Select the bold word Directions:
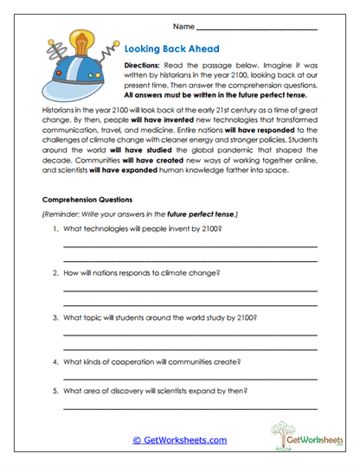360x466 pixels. [x=146, y=67]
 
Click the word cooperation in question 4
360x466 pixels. [x=141, y=361]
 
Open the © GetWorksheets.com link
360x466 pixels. [x=179, y=440]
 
